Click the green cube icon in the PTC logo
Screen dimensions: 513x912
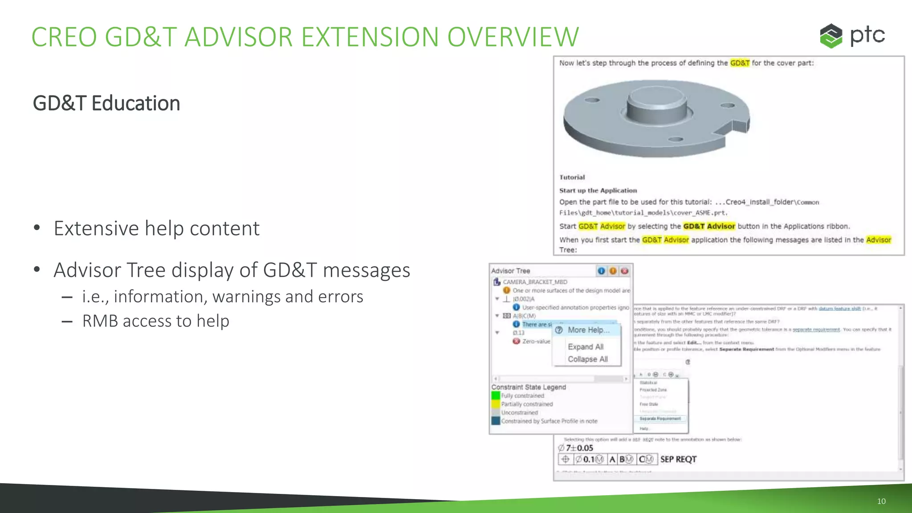[x=831, y=36]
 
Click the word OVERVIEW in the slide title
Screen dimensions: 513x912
[x=513, y=37]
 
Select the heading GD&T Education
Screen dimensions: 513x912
[x=106, y=103]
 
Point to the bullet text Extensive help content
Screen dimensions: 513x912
[x=156, y=228]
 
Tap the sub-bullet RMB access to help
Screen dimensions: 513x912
[x=155, y=321]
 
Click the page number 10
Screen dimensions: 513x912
[x=881, y=501]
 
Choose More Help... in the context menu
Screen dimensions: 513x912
[x=588, y=330]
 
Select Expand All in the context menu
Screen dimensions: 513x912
[x=586, y=347]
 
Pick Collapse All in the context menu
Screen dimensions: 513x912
[x=587, y=359]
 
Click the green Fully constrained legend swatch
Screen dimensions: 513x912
[x=496, y=395]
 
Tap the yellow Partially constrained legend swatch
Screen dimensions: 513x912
[x=496, y=404]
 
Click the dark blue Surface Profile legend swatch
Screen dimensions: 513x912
[x=496, y=421]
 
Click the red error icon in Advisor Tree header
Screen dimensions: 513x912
[x=625, y=271]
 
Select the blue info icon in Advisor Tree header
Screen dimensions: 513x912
[x=601, y=271]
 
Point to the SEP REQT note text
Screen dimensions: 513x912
[x=678, y=459]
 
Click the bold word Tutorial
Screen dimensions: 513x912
[x=572, y=177]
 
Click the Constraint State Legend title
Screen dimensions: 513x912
[x=529, y=387]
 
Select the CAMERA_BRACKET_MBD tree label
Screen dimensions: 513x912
[x=535, y=282]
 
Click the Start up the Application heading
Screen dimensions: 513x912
[x=598, y=191]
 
